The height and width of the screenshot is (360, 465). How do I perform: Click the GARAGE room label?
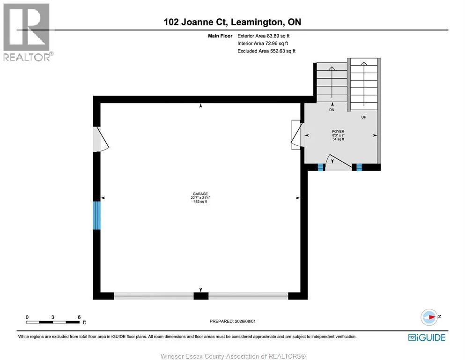200,194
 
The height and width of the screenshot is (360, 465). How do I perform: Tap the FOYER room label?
338,131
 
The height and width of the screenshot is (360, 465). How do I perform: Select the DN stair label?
332,110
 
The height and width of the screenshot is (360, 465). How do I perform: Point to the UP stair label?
363,117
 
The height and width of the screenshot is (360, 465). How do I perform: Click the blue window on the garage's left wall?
96,216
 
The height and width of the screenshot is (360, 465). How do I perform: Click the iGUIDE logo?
427,337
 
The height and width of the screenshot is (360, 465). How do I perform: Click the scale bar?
53,322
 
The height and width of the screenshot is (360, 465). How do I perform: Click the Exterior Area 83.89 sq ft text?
263,36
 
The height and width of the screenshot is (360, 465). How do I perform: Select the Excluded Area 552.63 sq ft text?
266,51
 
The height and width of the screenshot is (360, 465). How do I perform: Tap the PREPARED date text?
232,321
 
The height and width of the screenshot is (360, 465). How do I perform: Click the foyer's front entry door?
338,163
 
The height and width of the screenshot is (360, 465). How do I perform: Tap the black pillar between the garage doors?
201,296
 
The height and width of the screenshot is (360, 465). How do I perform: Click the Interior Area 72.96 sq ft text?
263,43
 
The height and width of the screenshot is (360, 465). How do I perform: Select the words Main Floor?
220,36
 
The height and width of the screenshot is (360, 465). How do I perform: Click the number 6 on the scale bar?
79,317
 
